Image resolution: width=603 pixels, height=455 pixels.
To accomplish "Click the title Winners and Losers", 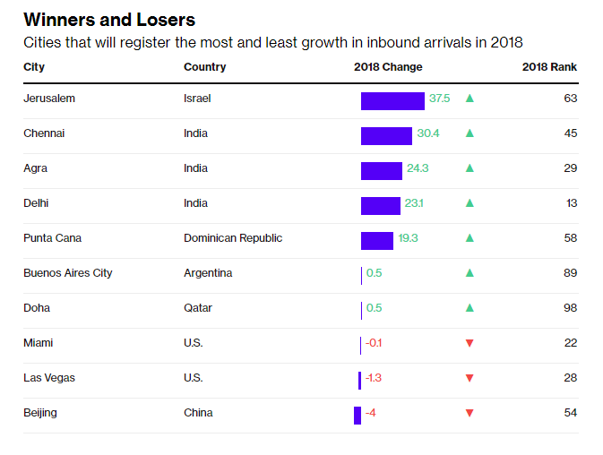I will coord(109,20).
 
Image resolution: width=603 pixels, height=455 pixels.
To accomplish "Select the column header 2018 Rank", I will coord(549,67).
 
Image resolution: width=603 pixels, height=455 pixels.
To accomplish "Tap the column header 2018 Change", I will coord(388,67).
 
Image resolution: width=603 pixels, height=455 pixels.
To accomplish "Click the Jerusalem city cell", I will coord(49,99).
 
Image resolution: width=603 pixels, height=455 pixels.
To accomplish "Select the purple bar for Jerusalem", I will coord(392,100).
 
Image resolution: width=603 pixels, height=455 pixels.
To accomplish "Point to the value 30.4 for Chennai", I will coord(428,133).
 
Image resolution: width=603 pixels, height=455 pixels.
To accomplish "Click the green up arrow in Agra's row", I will coord(469,168).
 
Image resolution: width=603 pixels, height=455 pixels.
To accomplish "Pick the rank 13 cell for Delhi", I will coord(571,203).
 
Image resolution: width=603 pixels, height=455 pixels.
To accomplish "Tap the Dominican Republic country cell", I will coord(233,238).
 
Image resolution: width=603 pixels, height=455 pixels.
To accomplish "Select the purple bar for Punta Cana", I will coord(377,240).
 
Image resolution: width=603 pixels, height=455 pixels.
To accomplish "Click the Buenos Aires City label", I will coord(68,273).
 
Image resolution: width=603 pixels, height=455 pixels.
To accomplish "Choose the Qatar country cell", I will coord(197,308).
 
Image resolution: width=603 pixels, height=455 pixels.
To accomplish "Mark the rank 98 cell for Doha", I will coord(570,308).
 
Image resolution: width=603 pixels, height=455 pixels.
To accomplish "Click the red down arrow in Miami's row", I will coord(469,344).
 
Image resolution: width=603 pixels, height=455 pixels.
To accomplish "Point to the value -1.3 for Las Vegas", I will coord(374,378).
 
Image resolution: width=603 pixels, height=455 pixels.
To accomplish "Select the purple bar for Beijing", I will coord(357,415).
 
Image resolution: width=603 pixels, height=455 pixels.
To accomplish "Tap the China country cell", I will coord(198,413).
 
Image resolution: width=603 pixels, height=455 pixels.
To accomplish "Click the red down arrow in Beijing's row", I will coord(469,414).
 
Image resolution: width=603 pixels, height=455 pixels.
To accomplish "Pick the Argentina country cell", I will coord(208,273).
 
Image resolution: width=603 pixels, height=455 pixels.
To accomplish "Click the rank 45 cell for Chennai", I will coord(570,133).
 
